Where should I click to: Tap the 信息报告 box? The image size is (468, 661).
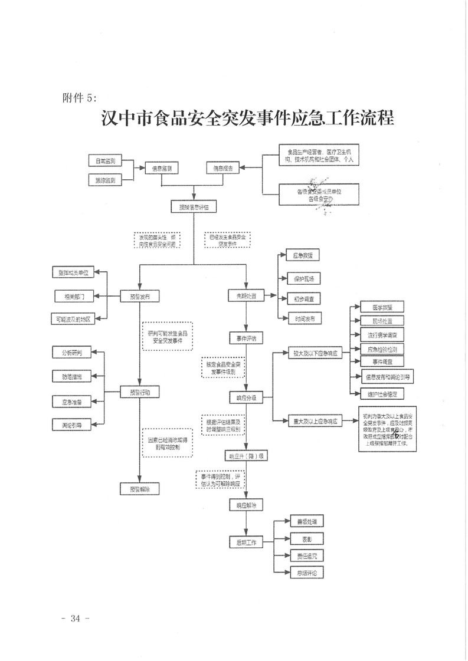222,169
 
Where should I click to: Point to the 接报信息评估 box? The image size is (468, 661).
190,207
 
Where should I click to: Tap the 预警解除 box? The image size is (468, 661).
139,489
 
